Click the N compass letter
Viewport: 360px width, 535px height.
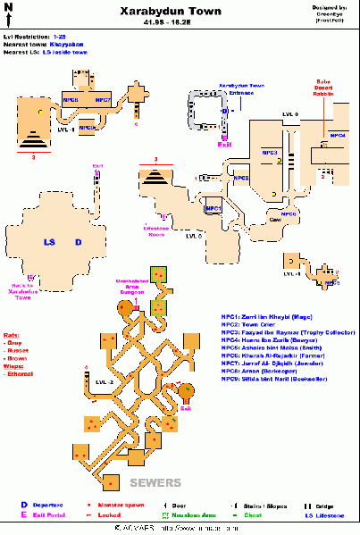click(x=8, y=8)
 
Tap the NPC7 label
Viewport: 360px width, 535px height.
click(x=102, y=100)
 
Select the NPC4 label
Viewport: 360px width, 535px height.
click(x=338, y=135)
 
